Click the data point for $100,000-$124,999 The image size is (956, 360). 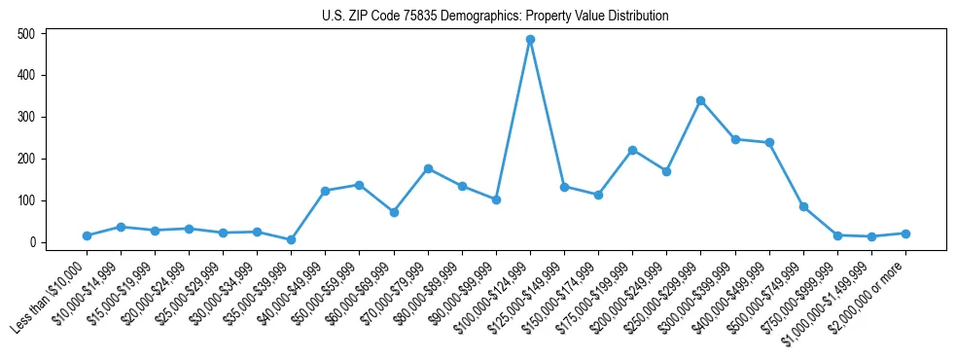[530, 40]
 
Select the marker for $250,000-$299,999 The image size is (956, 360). [700, 100]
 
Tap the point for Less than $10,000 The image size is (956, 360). [87, 235]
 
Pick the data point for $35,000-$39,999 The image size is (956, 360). [291, 239]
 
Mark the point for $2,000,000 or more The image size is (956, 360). [905, 234]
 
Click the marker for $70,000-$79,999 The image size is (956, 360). [428, 168]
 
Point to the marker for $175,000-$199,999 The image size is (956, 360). [632, 150]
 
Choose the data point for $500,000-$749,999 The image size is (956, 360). [803, 206]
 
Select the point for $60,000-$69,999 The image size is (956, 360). [394, 212]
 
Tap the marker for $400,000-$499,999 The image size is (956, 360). [769, 142]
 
